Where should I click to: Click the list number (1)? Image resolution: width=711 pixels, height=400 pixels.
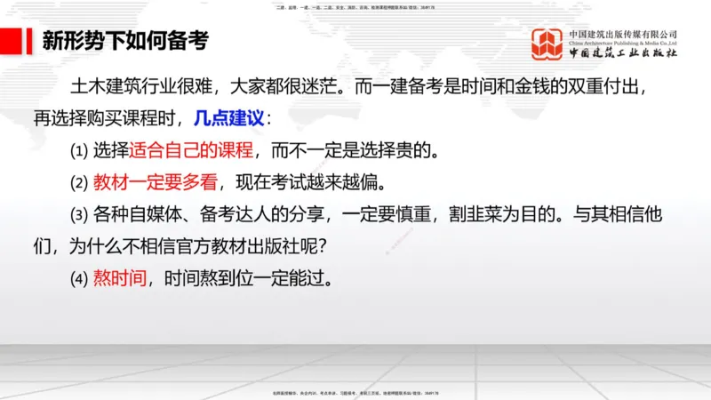[x=79, y=150]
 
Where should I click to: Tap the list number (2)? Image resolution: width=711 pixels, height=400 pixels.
[x=79, y=183]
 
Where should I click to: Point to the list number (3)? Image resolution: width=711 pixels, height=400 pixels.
[x=79, y=215]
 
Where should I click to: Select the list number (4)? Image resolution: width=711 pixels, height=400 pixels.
[x=79, y=278]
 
